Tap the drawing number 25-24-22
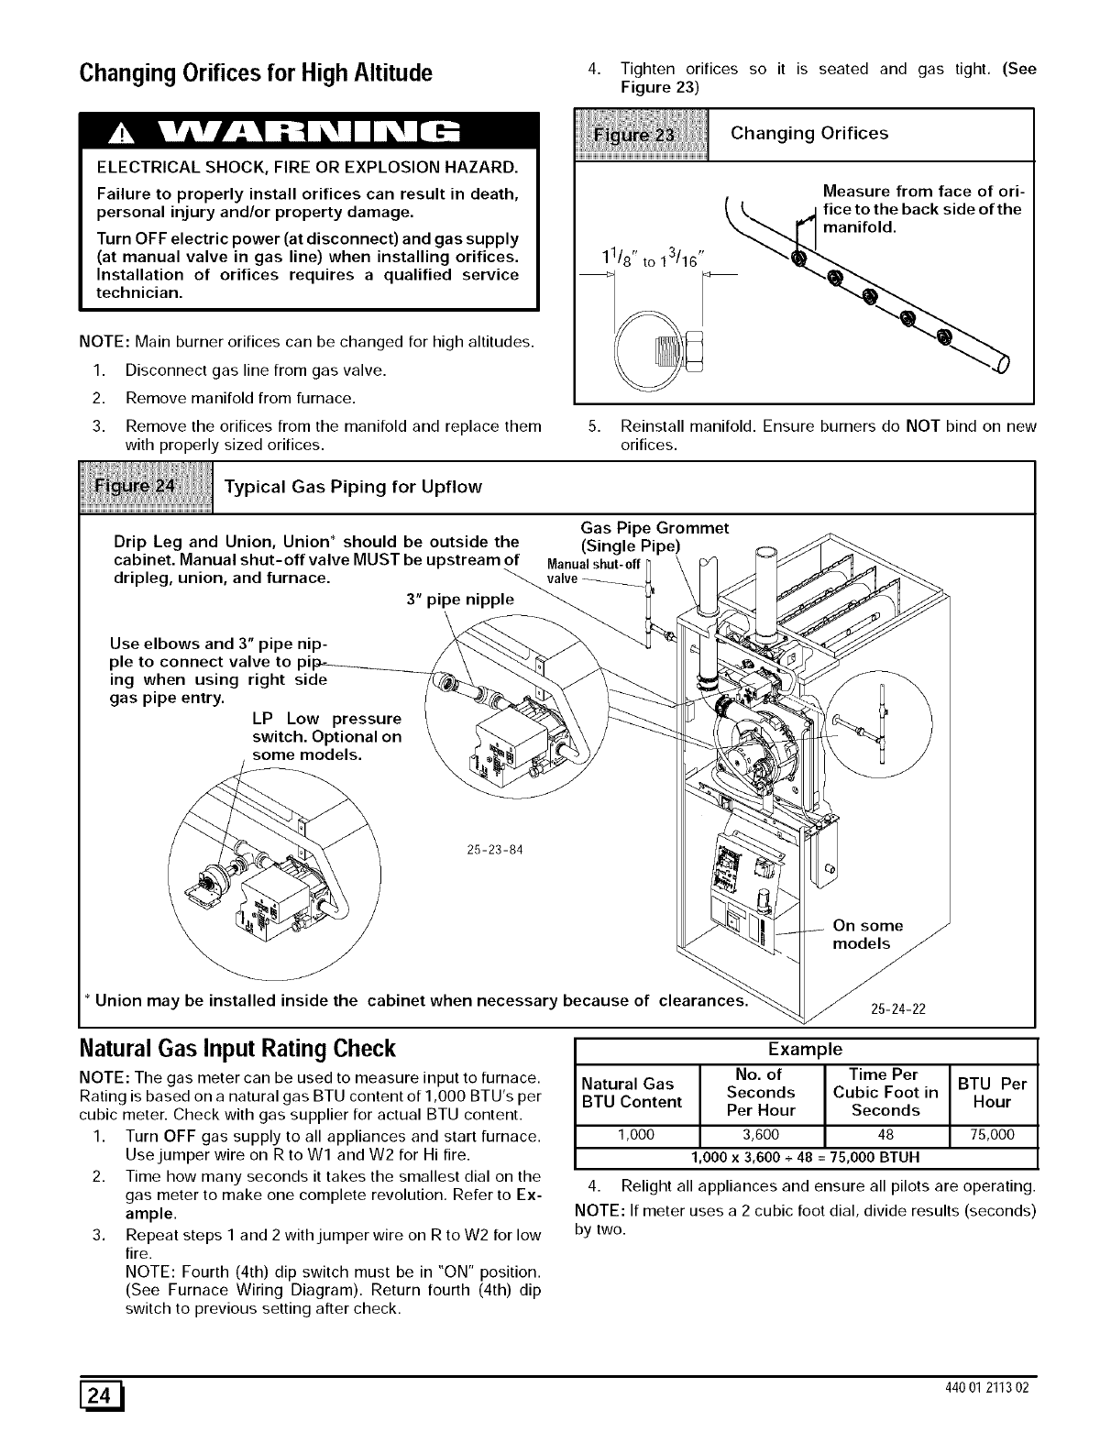[x=897, y=1009]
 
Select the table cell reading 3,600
[x=760, y=1134]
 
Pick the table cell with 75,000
[x=993, y=1134]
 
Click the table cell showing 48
[x=885, y=1134]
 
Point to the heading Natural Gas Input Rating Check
[x=237, y=1048]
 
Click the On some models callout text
[x=867, y=934]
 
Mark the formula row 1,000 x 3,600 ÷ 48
[x=804, y=1155]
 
